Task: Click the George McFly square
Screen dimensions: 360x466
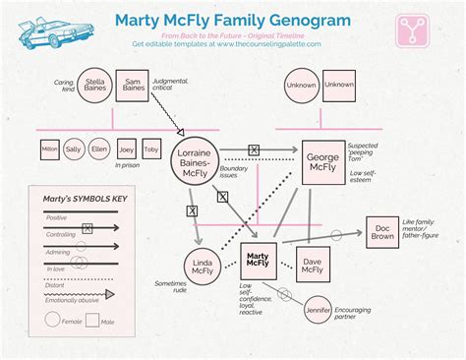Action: point(322,163)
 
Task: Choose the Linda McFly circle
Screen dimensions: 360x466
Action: point(202,267)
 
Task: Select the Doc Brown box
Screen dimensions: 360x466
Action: point(384,232)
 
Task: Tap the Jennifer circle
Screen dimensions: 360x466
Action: point(318,309)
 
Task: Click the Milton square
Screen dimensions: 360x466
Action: point(49,150)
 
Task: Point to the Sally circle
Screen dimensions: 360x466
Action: point(74,150)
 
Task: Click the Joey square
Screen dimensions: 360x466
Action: point(125,150)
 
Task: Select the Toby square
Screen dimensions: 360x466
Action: point(150,150)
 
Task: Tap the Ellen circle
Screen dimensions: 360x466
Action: point(99,150)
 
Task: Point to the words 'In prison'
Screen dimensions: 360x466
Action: point(126,166)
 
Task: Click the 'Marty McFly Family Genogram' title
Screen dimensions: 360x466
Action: point(233,20)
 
